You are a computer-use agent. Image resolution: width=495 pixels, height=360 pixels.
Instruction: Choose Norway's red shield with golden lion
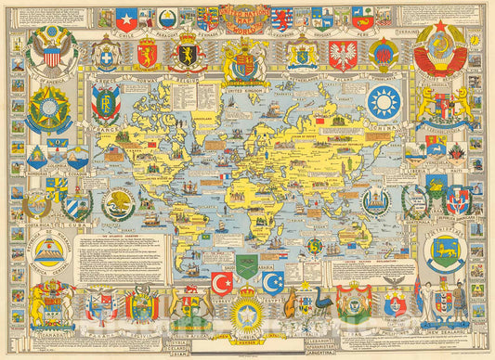(x=147, y=53)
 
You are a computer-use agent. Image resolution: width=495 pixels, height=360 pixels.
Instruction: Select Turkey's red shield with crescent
(x=222, y=282)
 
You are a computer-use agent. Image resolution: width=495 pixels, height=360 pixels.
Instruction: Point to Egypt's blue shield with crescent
(x=271, y=282)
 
